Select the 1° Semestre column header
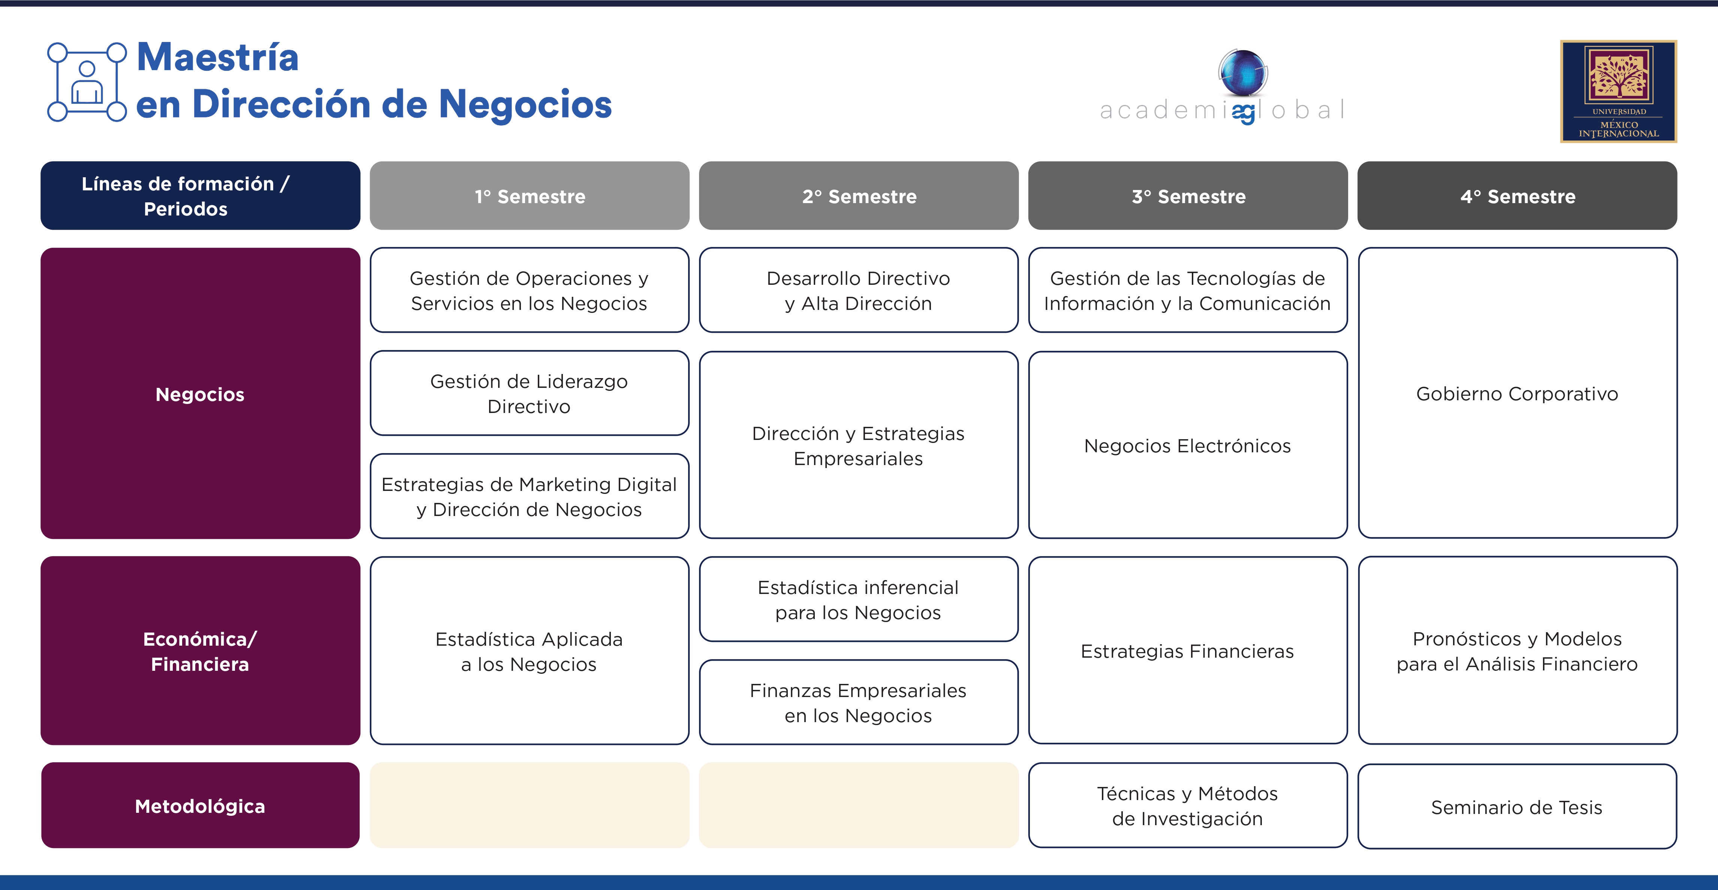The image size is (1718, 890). tap(530, 196)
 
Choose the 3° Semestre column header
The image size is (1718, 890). tap(1188, 196)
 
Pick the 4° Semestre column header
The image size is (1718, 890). tap(1517, 196)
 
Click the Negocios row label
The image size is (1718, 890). tap(200, 393)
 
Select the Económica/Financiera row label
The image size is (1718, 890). tap(200, 651)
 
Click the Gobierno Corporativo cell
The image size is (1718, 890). tap(1517, 393)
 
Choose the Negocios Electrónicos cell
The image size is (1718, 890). tap(1188, 445)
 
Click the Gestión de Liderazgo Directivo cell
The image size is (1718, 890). tap(530, 393)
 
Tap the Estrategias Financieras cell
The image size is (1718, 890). tap(1188, 651)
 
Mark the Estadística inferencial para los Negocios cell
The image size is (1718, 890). tap(858, 599)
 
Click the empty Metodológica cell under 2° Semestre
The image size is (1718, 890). tap(858, 805)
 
